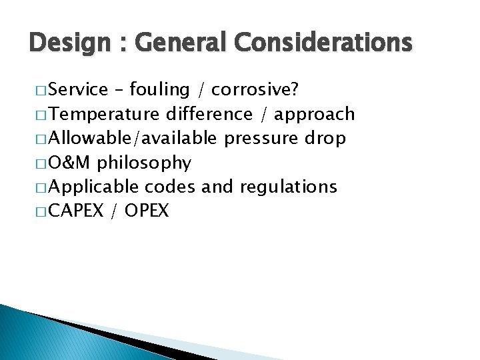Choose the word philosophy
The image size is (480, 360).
[145, 163]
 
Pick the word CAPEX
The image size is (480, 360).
[75, 211]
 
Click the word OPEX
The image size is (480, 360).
[146, 211]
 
